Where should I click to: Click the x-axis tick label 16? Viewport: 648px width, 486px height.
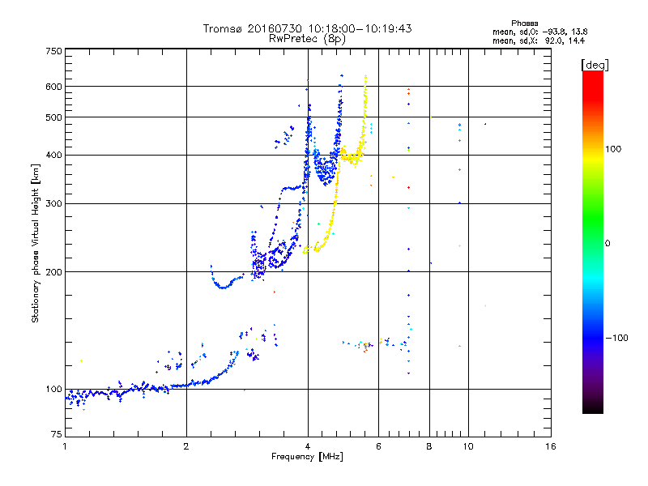(x=549, y=446)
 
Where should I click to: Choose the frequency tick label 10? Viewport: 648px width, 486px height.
(x=467, y=446)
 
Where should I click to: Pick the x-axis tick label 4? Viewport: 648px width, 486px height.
(x=308, y=446)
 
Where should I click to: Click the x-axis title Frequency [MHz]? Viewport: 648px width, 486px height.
(x=308, y=458)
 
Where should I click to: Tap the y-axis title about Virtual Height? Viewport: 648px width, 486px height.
(x=36, y=244)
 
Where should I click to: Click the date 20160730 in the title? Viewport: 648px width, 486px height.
(x=277, y=28)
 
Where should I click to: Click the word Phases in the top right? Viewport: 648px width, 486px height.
(x=524, y=23)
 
